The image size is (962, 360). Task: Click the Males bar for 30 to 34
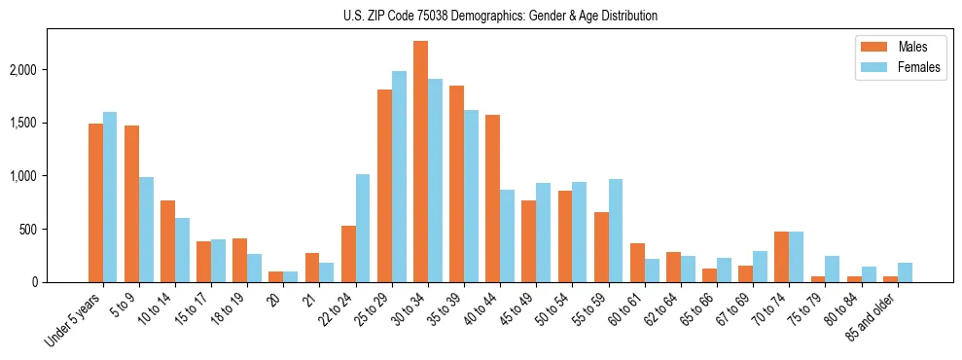coord(420,162)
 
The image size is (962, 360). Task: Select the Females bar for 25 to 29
coord(399,176)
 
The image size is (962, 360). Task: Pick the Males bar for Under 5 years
coord(95,202)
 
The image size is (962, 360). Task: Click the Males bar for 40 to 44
coord(492,198)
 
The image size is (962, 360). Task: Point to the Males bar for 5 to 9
coord(131,203)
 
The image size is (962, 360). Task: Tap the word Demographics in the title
coord(512,16)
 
